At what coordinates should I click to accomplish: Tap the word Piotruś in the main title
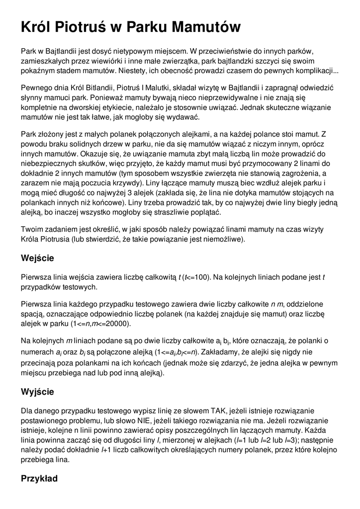pyautogui.click(x=81, y=27)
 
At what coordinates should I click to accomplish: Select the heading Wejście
pyautogui.click(x=37, y=258)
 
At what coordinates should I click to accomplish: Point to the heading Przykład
pyautogui.click(x=39, y=479)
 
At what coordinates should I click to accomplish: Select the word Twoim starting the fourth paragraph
pyautogui.click(x=31, y=229)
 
